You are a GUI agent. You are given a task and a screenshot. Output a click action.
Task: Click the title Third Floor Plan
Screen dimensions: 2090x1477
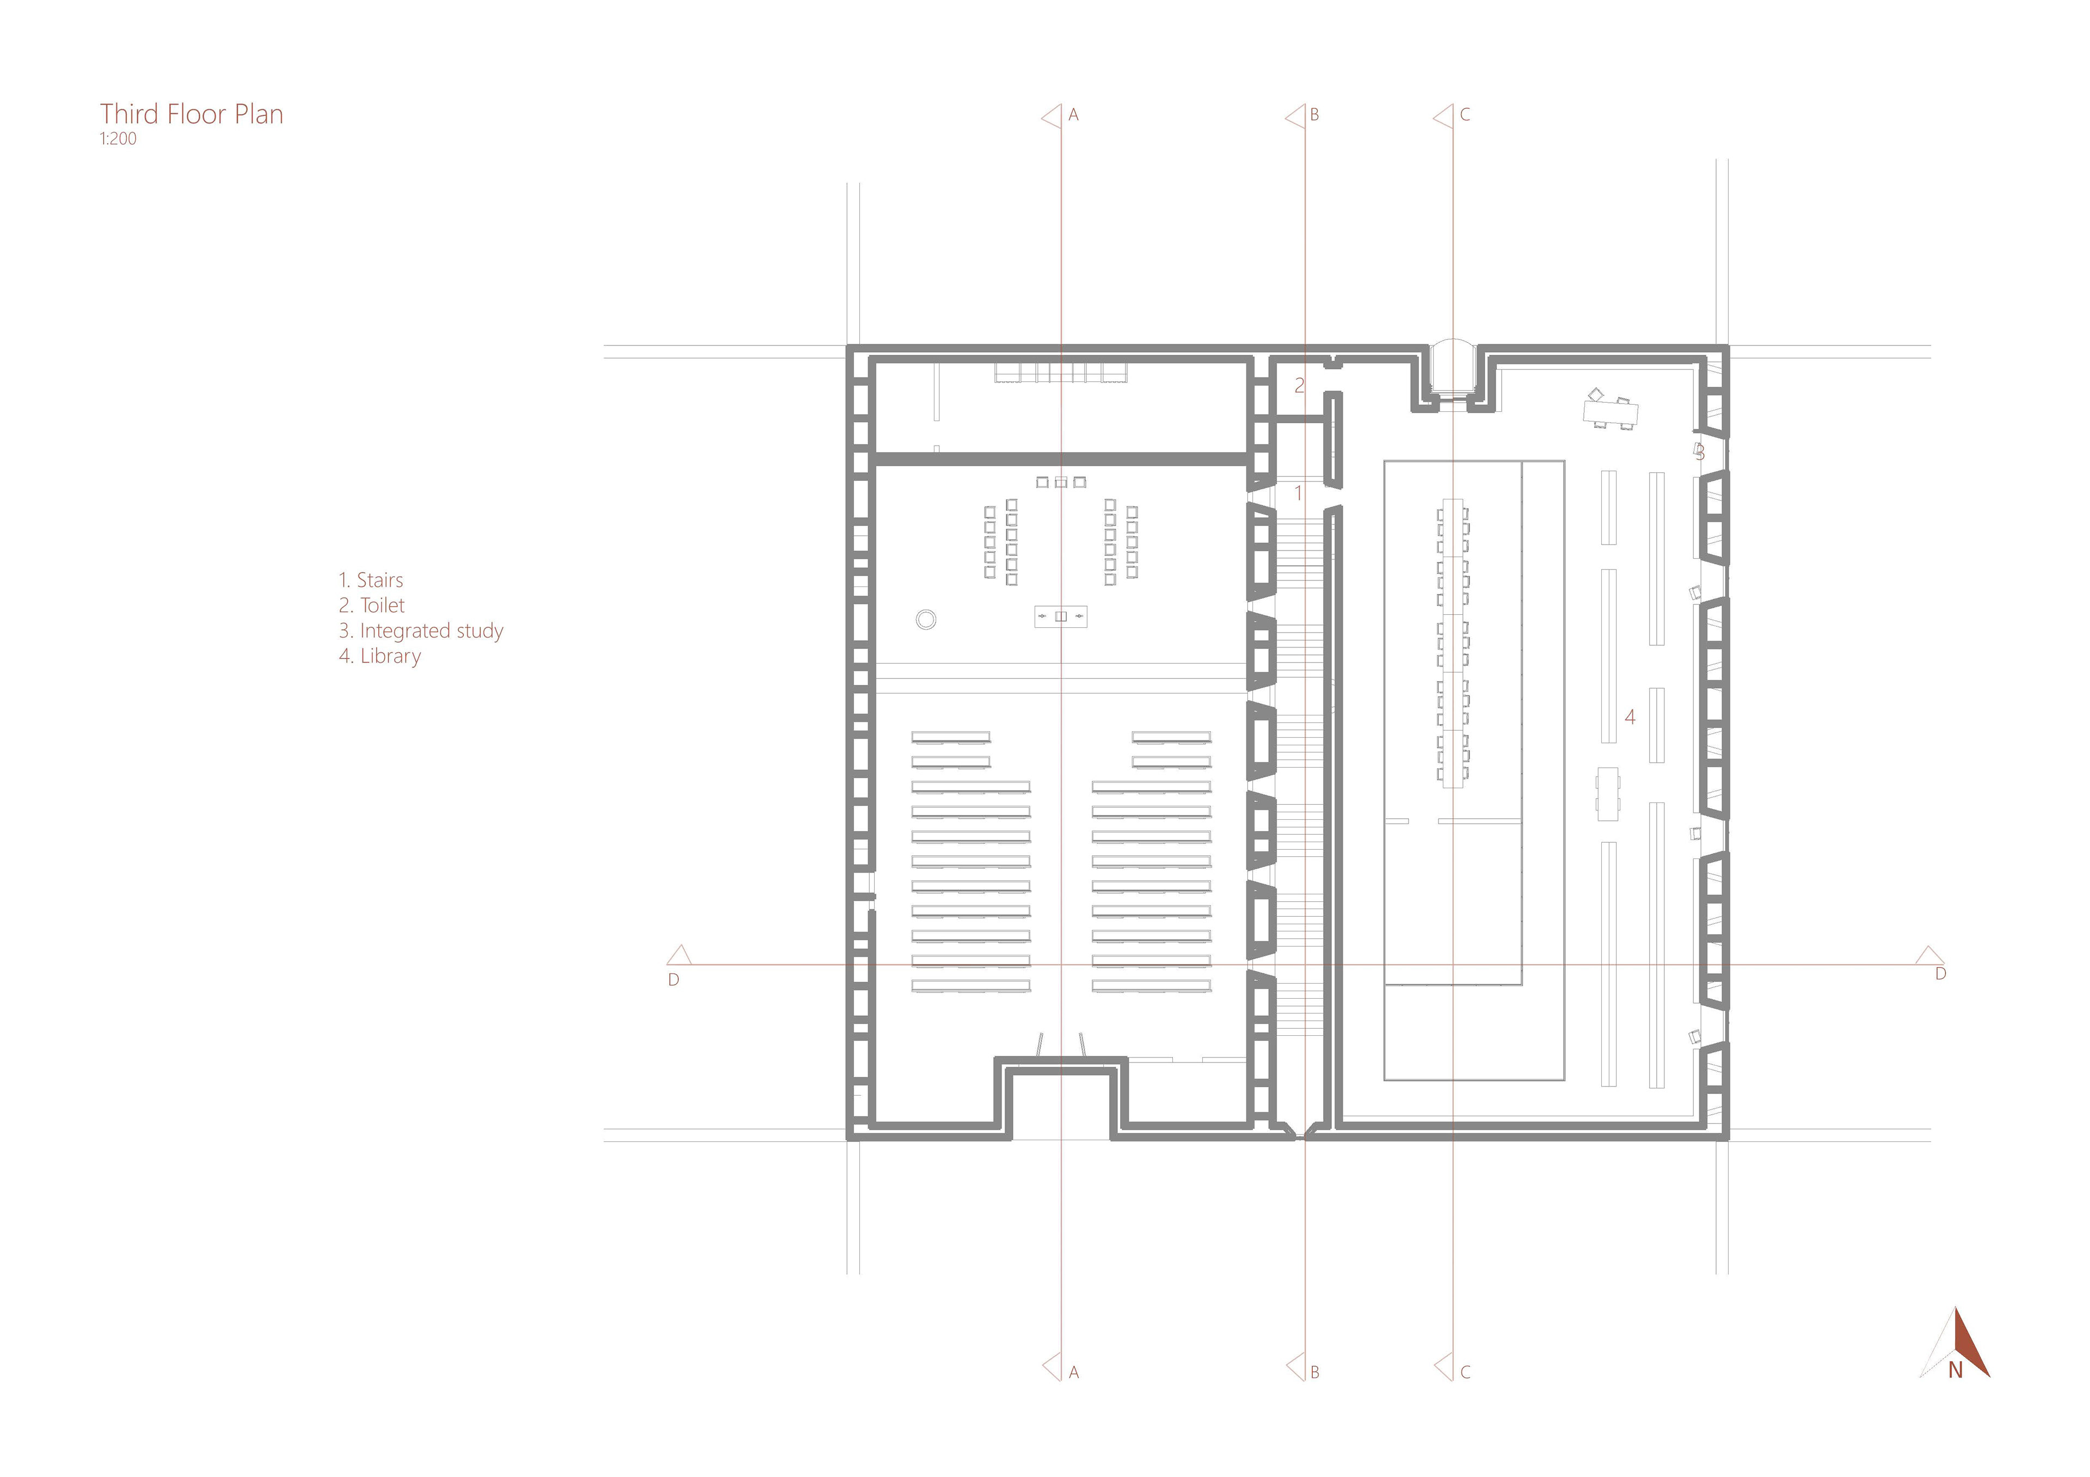click(191, 115)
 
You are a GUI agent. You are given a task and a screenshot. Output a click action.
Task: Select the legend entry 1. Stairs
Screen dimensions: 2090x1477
click(371, 580)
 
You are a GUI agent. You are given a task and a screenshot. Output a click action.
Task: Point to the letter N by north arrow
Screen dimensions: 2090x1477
click(1954, 1370)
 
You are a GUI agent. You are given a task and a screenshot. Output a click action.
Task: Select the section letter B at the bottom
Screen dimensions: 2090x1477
click(1314, 1373)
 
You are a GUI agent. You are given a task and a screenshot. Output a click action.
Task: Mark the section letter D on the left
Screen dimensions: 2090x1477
click(674, 980)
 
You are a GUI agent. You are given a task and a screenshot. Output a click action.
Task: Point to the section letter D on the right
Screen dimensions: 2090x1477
click(1941, 974)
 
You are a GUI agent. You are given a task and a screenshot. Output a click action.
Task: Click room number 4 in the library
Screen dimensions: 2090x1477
click(1630, 717)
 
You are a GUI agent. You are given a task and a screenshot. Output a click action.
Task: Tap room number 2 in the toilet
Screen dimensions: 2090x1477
click(1300, 386)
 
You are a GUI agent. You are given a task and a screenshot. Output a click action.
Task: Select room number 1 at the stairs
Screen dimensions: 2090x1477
click(1298, 493)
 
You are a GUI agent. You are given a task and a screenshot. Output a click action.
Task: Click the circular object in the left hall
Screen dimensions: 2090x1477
click(926, 620)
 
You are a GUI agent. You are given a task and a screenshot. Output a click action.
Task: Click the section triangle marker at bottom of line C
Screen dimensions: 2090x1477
click(1444, 1367)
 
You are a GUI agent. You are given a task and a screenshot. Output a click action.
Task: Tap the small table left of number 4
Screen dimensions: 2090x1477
click(1608, 794)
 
